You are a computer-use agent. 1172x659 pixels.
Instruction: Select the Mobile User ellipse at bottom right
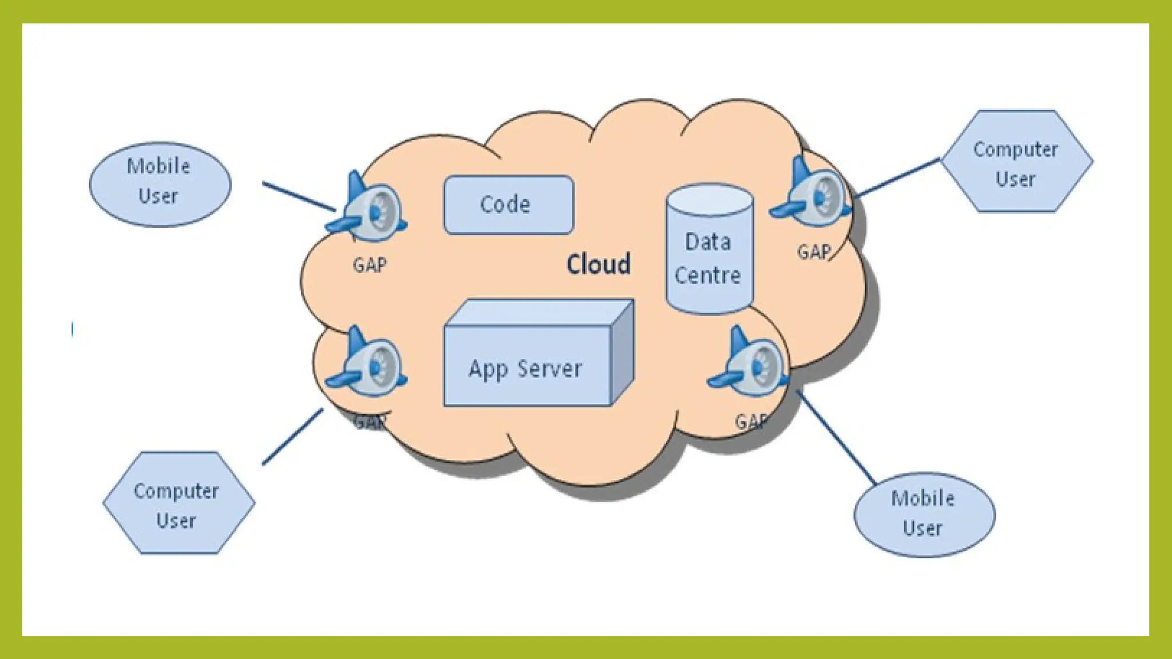point(924,514)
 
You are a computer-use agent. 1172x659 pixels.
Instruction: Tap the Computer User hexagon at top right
point(1016,162)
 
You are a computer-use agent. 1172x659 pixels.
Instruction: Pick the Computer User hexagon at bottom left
point(178,503)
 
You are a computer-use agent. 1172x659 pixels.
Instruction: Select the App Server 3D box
point(526,366)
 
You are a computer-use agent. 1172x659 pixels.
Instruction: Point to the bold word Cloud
point(599,264)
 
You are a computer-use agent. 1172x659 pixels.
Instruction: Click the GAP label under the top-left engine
point(370,265)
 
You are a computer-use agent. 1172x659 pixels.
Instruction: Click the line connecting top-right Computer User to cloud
point(896,178)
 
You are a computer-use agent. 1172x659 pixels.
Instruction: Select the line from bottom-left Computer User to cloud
point(292,436)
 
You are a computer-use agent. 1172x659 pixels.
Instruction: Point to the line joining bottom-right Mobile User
point(836,438)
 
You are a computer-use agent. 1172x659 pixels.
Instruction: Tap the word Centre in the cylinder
point(708,276)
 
